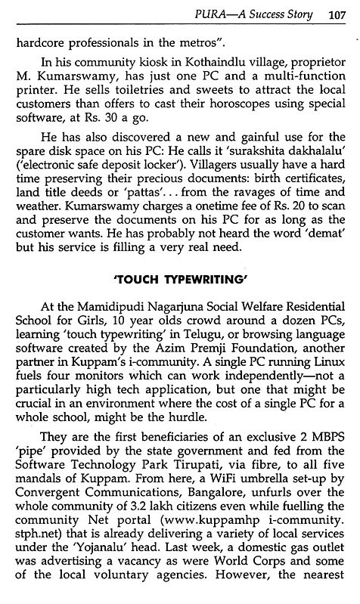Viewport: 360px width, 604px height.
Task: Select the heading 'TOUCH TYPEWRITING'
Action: tap(179, 297)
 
